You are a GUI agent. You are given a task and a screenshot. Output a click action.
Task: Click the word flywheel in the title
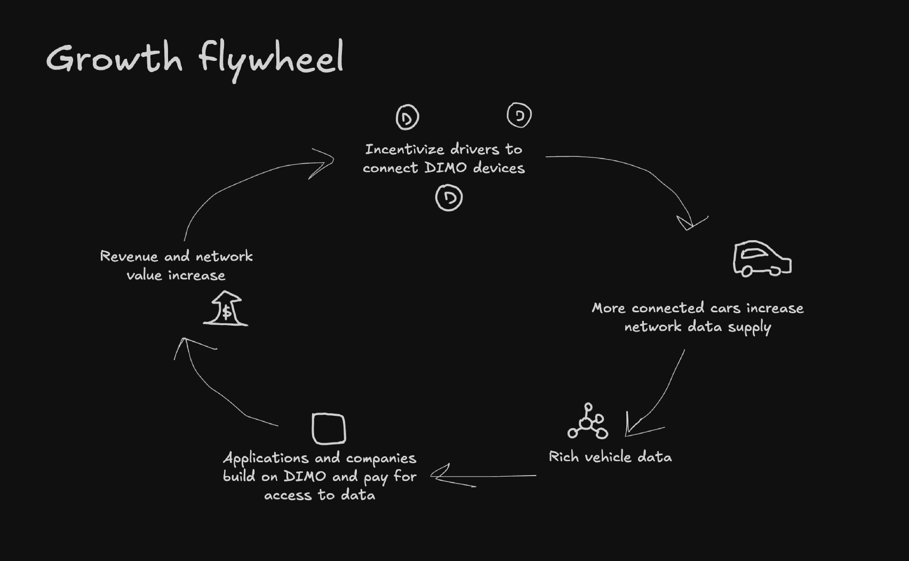point(271,59)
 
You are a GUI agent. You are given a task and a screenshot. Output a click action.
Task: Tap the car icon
point(762,259)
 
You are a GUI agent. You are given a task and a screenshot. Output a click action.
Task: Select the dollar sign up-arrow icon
point(226,309)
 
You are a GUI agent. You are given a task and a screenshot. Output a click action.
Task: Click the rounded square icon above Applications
point(329,429)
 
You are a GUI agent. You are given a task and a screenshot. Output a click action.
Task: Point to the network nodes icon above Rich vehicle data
point(587,422)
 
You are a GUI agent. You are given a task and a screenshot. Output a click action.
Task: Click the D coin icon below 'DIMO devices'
point(449,197)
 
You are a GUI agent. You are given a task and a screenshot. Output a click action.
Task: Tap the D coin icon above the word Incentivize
point(407,117)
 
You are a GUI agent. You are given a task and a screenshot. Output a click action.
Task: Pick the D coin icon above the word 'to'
point(519,115)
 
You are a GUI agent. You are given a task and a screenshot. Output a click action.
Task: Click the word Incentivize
point(404,149)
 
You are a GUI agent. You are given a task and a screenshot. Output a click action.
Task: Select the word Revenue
point(129,257)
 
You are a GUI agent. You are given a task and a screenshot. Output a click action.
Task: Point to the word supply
point(749,327)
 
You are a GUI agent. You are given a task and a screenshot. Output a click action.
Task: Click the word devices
point(499,168)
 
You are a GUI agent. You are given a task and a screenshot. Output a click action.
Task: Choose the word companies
point(381,459)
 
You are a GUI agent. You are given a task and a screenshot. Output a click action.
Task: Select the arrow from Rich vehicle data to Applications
point(483,475)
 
